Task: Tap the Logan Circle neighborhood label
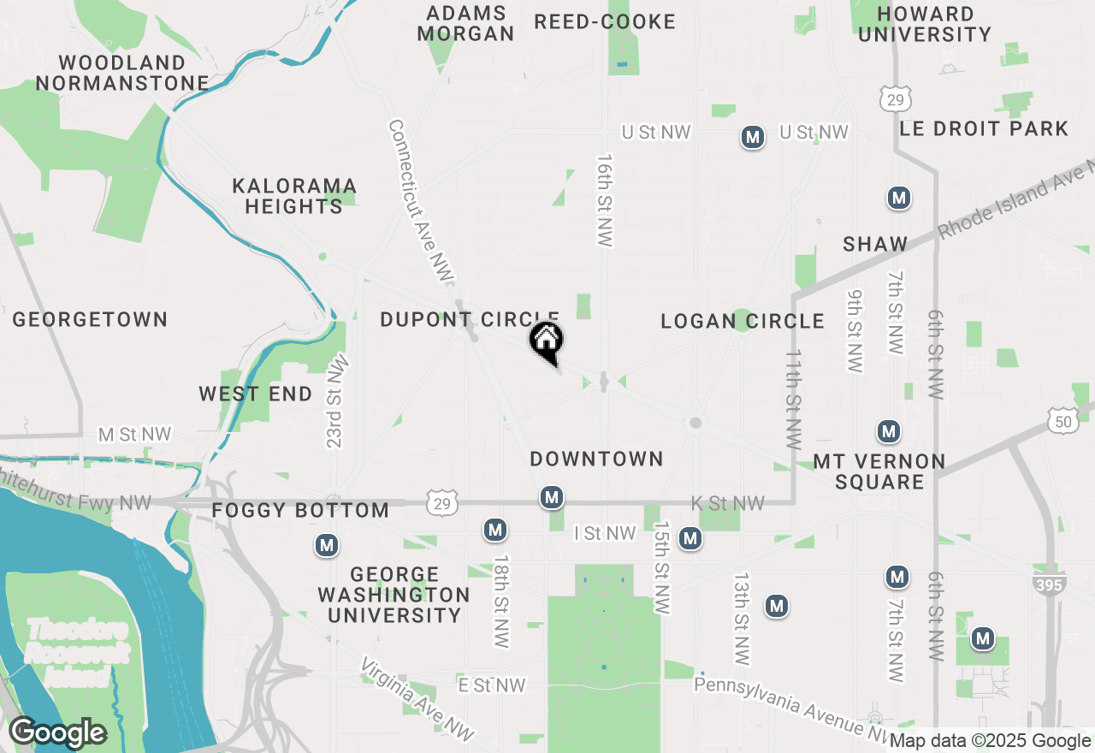pyautogui.click(x=743, y=322)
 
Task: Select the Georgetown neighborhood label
pyautogui.click(x=90, y=320)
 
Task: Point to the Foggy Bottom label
pyautogui.click(x=300, y=511)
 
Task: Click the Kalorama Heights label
pyautogui.click(x=293, y=197)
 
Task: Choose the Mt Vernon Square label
pyautogui.click(x=879, y=472)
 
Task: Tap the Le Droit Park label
pyautogui.click(x=984, y=129)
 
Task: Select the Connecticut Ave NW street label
pyautogui.click(x=420, y=200)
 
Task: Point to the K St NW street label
pyautogui.click(x=727, y=504)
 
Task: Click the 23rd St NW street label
pyautogui.click(x=337, y=400)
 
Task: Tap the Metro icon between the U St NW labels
pyautogui.click(x=753, y=137)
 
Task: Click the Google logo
pyautogui.click(x=57, y=732)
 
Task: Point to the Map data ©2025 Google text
pyautogui.click(x=991, y=741)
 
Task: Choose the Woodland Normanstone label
pyautogui.click(x=122, y=74)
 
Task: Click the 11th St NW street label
pyautogui.click(x=794, y=399)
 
